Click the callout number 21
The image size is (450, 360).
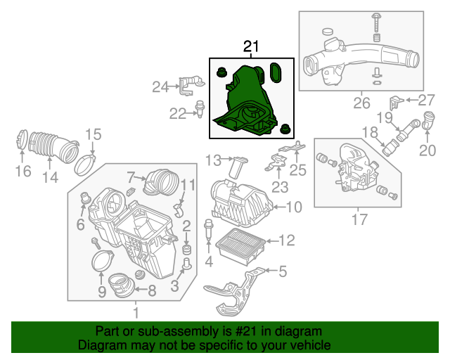pyautogui.click(x=252, y=47)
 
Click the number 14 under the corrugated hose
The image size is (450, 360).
pyautogui.click(x=49, y=178)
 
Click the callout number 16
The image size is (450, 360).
pyautogui.click(x=23, y=171)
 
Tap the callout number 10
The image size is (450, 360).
pyautogui.click(x=294, y=207)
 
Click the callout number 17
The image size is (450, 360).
pyautogui.click(x=359, y=219)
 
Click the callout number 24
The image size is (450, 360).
pyautogui.click(x=161, y=87)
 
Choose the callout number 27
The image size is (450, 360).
pyautogui.click(x=427, y=100)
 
